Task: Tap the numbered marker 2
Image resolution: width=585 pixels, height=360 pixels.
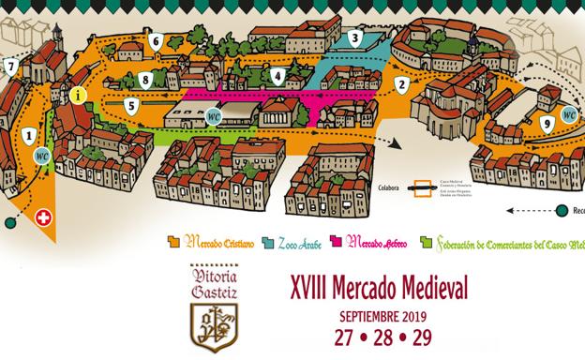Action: point(401,84)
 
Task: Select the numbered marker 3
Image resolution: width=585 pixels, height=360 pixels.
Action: point(354,38)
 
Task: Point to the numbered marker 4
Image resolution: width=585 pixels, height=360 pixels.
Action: point(277,76)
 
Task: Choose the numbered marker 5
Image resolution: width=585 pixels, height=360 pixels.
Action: point(132,106)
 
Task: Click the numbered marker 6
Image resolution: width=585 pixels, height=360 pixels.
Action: point(155,41)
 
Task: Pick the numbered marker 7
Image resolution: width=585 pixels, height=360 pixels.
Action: point(10,67)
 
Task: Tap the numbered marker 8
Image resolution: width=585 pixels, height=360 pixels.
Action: point(145,80)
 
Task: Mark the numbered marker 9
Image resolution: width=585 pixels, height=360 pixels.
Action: point(546,123)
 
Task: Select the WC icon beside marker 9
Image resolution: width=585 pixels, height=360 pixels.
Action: point(568,114)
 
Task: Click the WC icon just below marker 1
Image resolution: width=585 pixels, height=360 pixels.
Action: point(41,157)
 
